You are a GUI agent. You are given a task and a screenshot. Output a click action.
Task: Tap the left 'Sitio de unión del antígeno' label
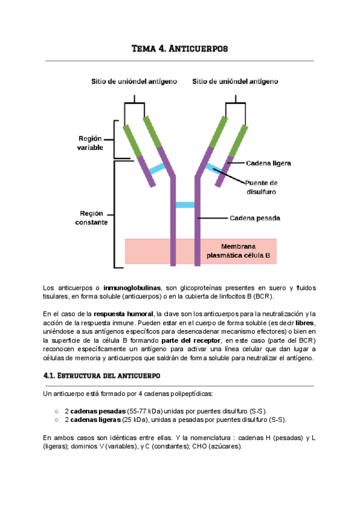pos(134,82)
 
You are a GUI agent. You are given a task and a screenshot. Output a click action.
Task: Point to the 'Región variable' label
pos(90,142)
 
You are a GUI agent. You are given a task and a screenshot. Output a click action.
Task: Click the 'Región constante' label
pos(92,217)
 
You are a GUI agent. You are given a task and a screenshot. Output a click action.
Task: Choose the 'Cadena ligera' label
pos(269,163)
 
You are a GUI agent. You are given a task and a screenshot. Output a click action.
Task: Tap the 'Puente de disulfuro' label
pos(260,187)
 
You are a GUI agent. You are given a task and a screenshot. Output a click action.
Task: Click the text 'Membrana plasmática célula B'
pos(238,251)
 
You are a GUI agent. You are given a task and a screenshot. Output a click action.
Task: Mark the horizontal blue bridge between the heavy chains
pos(185,205)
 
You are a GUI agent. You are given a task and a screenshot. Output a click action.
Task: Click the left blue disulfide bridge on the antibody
pos(158,169)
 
